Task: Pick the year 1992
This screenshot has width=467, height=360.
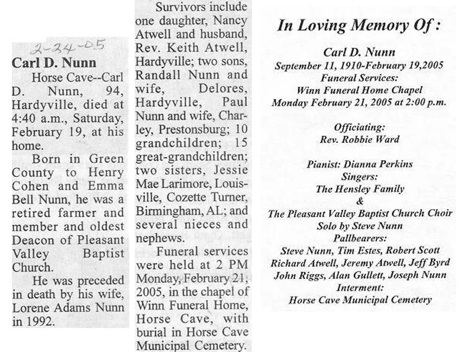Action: (x=41, y=321)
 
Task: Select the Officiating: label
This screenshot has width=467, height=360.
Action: (x=360, y=128)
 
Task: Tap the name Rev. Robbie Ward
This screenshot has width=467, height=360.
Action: (x=360, y=139)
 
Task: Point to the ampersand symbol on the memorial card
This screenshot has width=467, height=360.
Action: (x=359, y=201)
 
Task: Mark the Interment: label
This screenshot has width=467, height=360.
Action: (x=360, y=288)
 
